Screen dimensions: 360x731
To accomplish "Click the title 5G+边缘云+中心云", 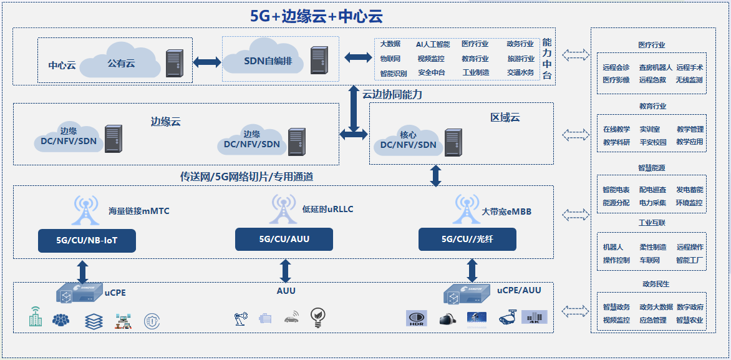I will tap(316, 16).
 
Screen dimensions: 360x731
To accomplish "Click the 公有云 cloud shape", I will tap(121, 62).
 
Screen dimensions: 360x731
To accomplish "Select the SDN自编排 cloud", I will tap(264, 62).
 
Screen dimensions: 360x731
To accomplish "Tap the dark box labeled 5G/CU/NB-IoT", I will tap(87, 240).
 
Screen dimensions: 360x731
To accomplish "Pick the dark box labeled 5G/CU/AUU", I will tap(284, 239).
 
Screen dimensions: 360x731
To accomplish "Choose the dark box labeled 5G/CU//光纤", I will tap(467, 239).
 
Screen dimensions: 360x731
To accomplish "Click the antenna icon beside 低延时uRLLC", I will tap(283, 209).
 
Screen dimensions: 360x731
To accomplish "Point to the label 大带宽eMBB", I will tap(506, 212).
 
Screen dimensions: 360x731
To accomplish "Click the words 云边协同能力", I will tap(392, 94).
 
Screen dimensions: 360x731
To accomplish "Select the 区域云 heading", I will tap(505, 117).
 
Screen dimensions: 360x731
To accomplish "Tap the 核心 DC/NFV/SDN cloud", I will tap(409, 141).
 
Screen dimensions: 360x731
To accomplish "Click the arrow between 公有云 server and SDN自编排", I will tap(207, 62).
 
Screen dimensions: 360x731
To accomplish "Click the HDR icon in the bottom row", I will tap(416, 318).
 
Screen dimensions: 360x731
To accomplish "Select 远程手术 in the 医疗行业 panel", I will tap(689, 67).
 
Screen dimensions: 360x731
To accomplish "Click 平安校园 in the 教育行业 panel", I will tap(652, 142).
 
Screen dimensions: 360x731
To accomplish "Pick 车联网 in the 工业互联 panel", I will tap(649, 260).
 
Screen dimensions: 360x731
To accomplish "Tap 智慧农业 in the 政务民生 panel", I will tap(689, 320).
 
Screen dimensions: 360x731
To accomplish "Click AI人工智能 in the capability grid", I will tap(432, 44).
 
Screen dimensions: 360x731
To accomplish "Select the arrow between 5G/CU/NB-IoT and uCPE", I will tap(82, 271).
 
